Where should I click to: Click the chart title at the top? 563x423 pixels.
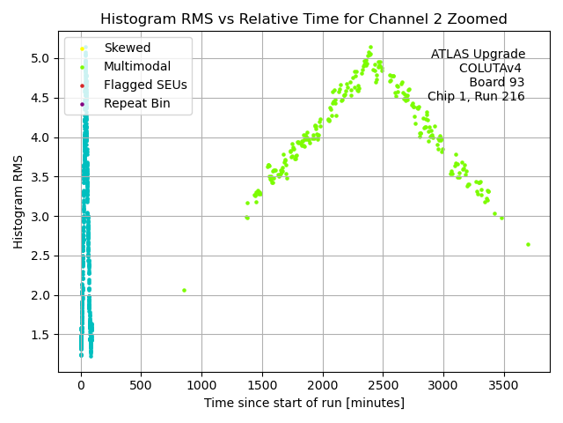pos(303,19)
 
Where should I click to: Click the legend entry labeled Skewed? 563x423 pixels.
pos(127,48)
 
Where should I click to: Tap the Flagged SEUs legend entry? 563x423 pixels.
pos(145,85)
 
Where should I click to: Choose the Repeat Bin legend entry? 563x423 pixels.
pos(136,104)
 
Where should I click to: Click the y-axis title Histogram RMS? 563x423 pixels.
pos(18,202)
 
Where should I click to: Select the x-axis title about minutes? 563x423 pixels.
pos(303,403)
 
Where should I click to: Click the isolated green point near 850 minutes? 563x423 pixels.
pos(184,290)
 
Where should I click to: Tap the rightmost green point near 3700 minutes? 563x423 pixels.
pos(528,244)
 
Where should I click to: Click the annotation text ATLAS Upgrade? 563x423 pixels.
pos(478,55)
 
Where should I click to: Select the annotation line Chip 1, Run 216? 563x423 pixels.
pos(476,97)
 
